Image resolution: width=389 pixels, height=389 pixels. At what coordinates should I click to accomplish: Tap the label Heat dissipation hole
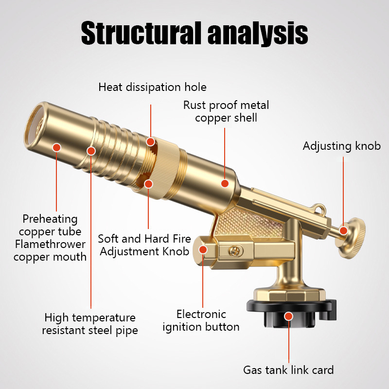click(x=152, y=88)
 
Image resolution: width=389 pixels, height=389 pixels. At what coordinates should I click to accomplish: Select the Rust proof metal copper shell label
click(x=226, y=111)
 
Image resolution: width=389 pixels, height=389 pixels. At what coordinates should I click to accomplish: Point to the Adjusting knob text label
click(x=341, y=146)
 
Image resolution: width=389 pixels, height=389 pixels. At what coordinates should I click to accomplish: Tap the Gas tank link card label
click(x=288, y=370)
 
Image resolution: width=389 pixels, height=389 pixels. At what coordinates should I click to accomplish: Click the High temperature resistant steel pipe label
click(x=90, y=324)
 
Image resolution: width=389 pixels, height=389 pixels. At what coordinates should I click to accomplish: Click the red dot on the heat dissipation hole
click(x=151, y=142)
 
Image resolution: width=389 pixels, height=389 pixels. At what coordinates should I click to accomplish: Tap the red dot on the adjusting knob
click(x=344, y=231)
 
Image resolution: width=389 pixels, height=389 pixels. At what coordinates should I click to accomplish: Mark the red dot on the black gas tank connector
click(x=288, y=316)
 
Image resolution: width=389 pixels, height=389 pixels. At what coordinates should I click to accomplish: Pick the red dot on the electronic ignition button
click(x=203, y=250)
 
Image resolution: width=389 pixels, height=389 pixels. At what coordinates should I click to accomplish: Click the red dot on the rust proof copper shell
click(x=225, y=183)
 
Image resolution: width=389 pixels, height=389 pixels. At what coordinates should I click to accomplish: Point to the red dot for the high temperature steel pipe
click(x=91, y=151)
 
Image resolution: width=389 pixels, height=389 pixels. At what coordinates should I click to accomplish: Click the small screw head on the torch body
click(x=235, y=251)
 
